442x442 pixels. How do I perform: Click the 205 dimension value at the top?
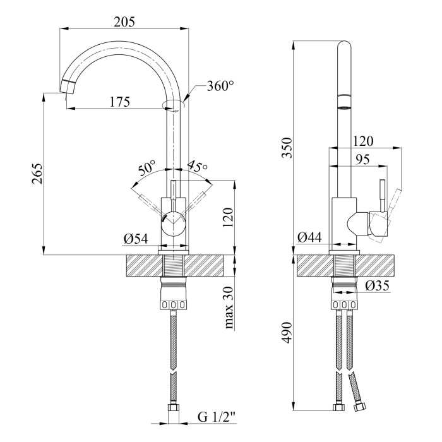click(x=124, y=21)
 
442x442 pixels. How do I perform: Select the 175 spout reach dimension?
click(x=118, y=101)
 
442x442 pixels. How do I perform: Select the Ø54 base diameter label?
click(x=136, y=238)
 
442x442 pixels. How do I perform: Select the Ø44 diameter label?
click(x=310, y=238)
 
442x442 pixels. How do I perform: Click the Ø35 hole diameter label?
click(x=377, y=286)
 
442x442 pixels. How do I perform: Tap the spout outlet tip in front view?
click(x=67, y=87)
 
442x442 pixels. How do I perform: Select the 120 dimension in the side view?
click(x=363, y=141)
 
